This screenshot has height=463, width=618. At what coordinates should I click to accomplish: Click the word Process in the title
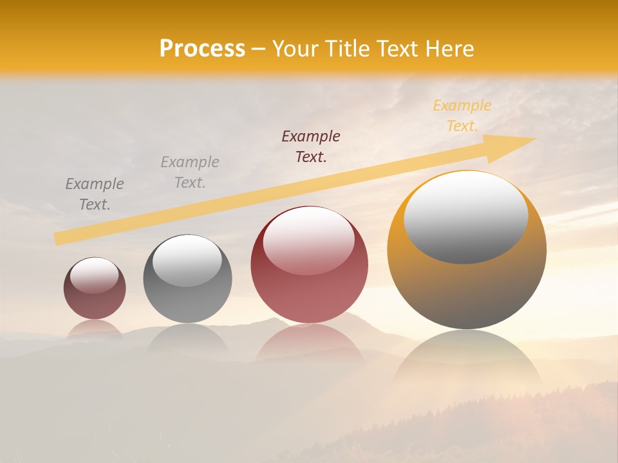pyautogui.click(x=202, y=49)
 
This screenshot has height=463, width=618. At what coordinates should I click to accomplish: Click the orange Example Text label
pyautogui.click(x=462, y=116)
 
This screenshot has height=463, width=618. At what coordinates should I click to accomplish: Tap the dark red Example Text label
pyautogui.click(x=311, y=146)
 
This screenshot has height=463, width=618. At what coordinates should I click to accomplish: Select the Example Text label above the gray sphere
pyautogui.click(x=190, y=172)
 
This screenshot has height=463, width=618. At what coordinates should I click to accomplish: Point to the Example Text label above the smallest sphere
pyautogui.click(x=95, y=194)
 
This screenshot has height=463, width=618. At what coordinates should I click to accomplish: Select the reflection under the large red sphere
pyautogui.click(x=309, y=344)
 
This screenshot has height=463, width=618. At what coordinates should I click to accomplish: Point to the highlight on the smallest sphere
pyautogui.click(x=94, y=276)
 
